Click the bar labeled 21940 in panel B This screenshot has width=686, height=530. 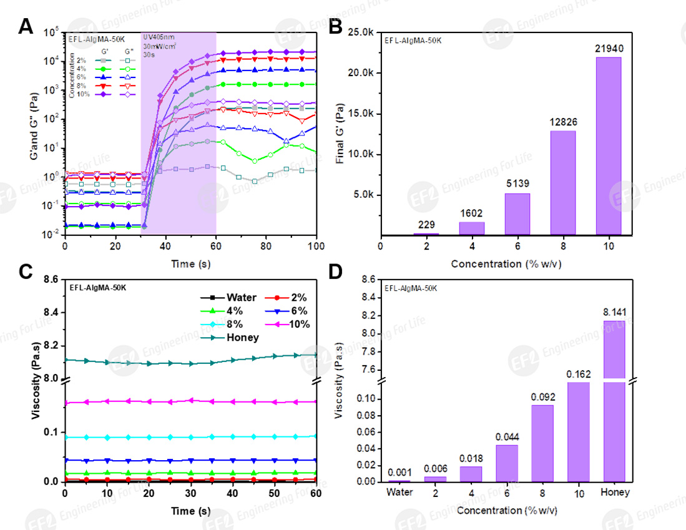coord(609,146)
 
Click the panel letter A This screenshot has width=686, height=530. coord(26,27)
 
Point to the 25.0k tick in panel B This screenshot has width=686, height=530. coord(362,32)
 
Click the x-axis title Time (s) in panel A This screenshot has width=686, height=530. coord(190,264)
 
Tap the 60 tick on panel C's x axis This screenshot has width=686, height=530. coord(316,493)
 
